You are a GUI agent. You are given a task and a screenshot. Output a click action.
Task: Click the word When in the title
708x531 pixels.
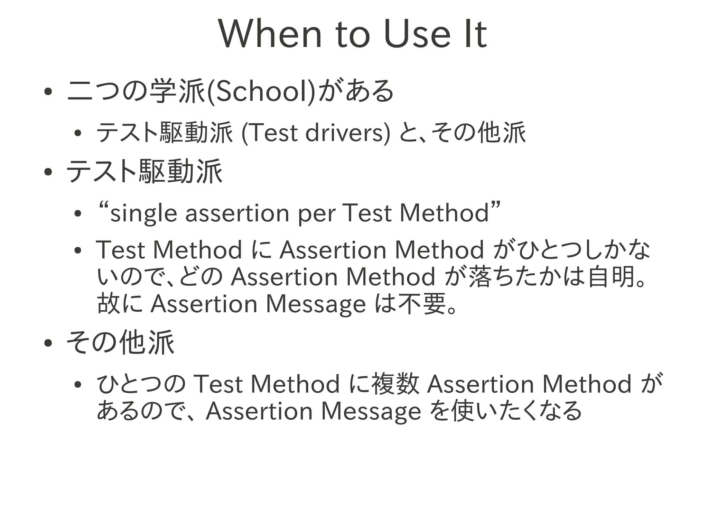(x=270, y=34)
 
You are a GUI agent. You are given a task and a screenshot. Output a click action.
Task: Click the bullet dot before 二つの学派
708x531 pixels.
(x=48, y=92)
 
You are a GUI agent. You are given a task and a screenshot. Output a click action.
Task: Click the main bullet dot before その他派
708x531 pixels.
(x=48, y=343)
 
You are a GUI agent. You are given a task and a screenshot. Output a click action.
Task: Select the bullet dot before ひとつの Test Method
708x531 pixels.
(x=77, y=385)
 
